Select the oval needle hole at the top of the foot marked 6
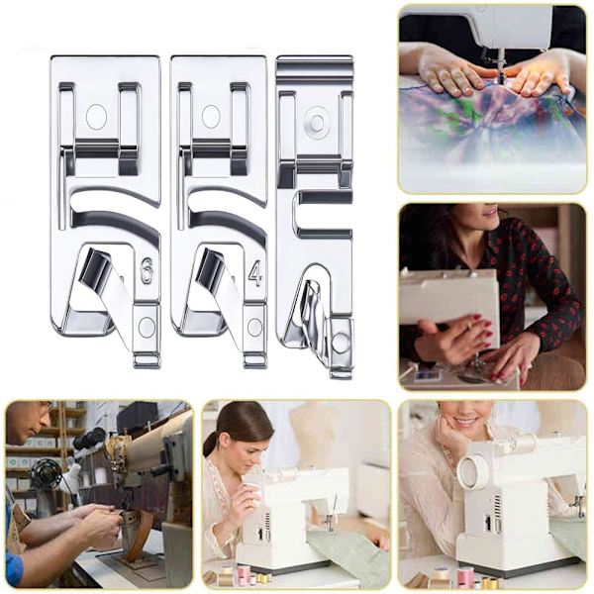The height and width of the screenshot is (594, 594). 97,115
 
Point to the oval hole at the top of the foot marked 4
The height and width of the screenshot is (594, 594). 212,115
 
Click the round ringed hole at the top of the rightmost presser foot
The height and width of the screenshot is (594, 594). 319,122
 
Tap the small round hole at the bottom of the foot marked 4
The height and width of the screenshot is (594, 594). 255,328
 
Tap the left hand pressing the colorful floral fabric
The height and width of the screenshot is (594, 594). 450,77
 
